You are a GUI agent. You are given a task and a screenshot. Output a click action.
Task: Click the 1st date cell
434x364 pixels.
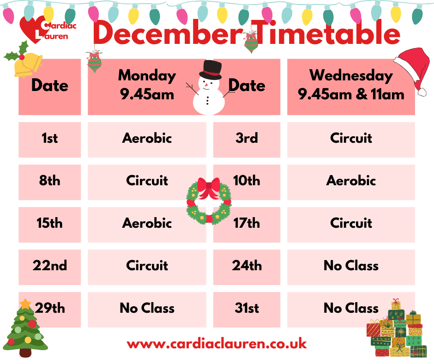tap(49, 139)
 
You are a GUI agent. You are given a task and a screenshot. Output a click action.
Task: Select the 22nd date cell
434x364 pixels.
tap(49, 266)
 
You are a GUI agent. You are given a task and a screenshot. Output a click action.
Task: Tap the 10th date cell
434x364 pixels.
tap(247, 181)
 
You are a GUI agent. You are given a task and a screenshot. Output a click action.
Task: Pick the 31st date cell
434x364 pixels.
tap(247, 309)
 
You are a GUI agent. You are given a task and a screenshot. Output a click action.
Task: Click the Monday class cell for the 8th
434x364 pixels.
tap(147, 181)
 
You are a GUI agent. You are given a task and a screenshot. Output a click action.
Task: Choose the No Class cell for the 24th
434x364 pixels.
tap(351, 266)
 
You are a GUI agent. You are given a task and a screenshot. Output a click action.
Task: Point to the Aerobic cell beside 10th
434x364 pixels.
tap(351, 181)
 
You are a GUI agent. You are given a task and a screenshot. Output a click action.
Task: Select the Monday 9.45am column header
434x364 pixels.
tap(147, 85)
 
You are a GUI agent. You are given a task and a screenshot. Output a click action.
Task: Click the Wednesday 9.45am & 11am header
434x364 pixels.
tap(351, 85)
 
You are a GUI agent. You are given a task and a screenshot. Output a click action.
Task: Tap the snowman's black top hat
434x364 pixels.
tap(210, 69)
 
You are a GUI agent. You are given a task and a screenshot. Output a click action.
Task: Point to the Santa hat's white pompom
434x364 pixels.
tap(422, 92)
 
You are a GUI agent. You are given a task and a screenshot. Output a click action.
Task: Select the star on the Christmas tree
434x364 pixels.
tap(25, 304)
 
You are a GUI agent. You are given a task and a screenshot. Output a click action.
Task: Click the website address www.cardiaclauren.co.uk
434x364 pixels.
tap(217, 344)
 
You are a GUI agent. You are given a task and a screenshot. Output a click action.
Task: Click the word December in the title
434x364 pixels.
tap(168, 34)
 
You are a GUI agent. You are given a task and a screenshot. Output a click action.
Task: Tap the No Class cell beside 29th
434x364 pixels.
tap(147, 309)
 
